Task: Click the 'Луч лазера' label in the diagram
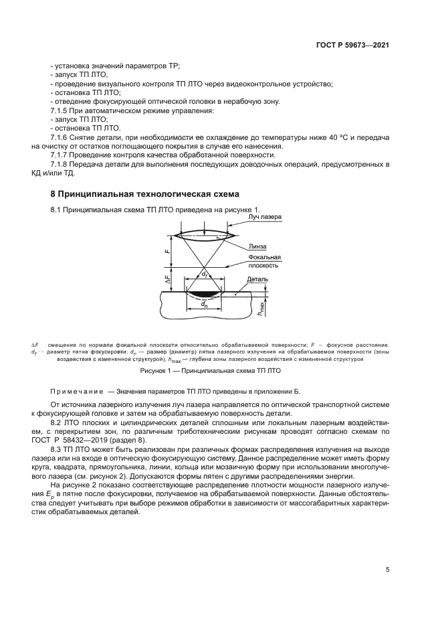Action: [x=263, y=218]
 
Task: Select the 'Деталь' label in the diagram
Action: [x=258, y=279]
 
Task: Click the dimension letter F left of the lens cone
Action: [x=166, y=251]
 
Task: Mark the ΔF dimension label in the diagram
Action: [x=167, y=279]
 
